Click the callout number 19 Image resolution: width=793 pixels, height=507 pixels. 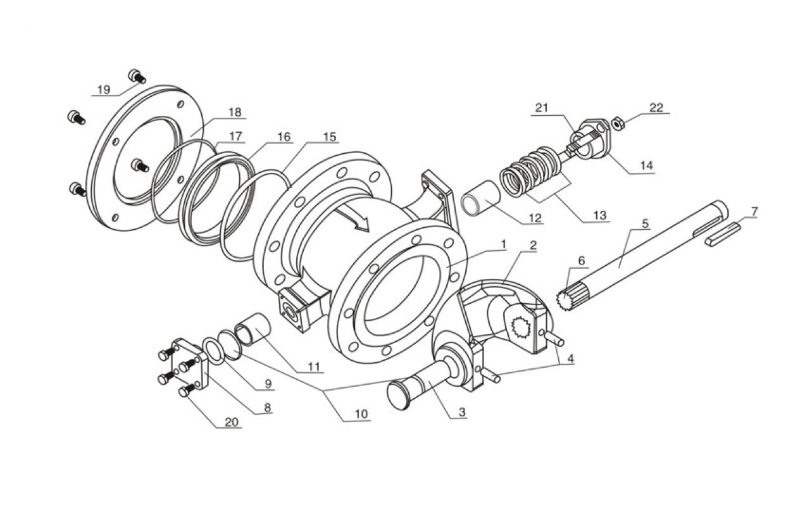tap(103, 89)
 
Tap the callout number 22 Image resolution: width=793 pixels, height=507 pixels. tap(656, 108)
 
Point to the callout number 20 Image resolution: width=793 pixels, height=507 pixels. tap(233, 422)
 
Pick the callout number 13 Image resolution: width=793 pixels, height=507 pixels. tap(599, 215)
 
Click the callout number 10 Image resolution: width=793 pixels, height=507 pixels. tap(361, 415)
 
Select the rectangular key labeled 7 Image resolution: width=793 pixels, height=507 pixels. tap(723, 233)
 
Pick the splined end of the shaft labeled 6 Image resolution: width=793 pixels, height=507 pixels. tap(566, 296)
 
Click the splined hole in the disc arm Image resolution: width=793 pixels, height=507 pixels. tap(523, 328)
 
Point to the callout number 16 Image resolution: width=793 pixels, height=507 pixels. tap(284, 137)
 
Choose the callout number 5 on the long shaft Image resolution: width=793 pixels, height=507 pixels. tap(645, 223)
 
